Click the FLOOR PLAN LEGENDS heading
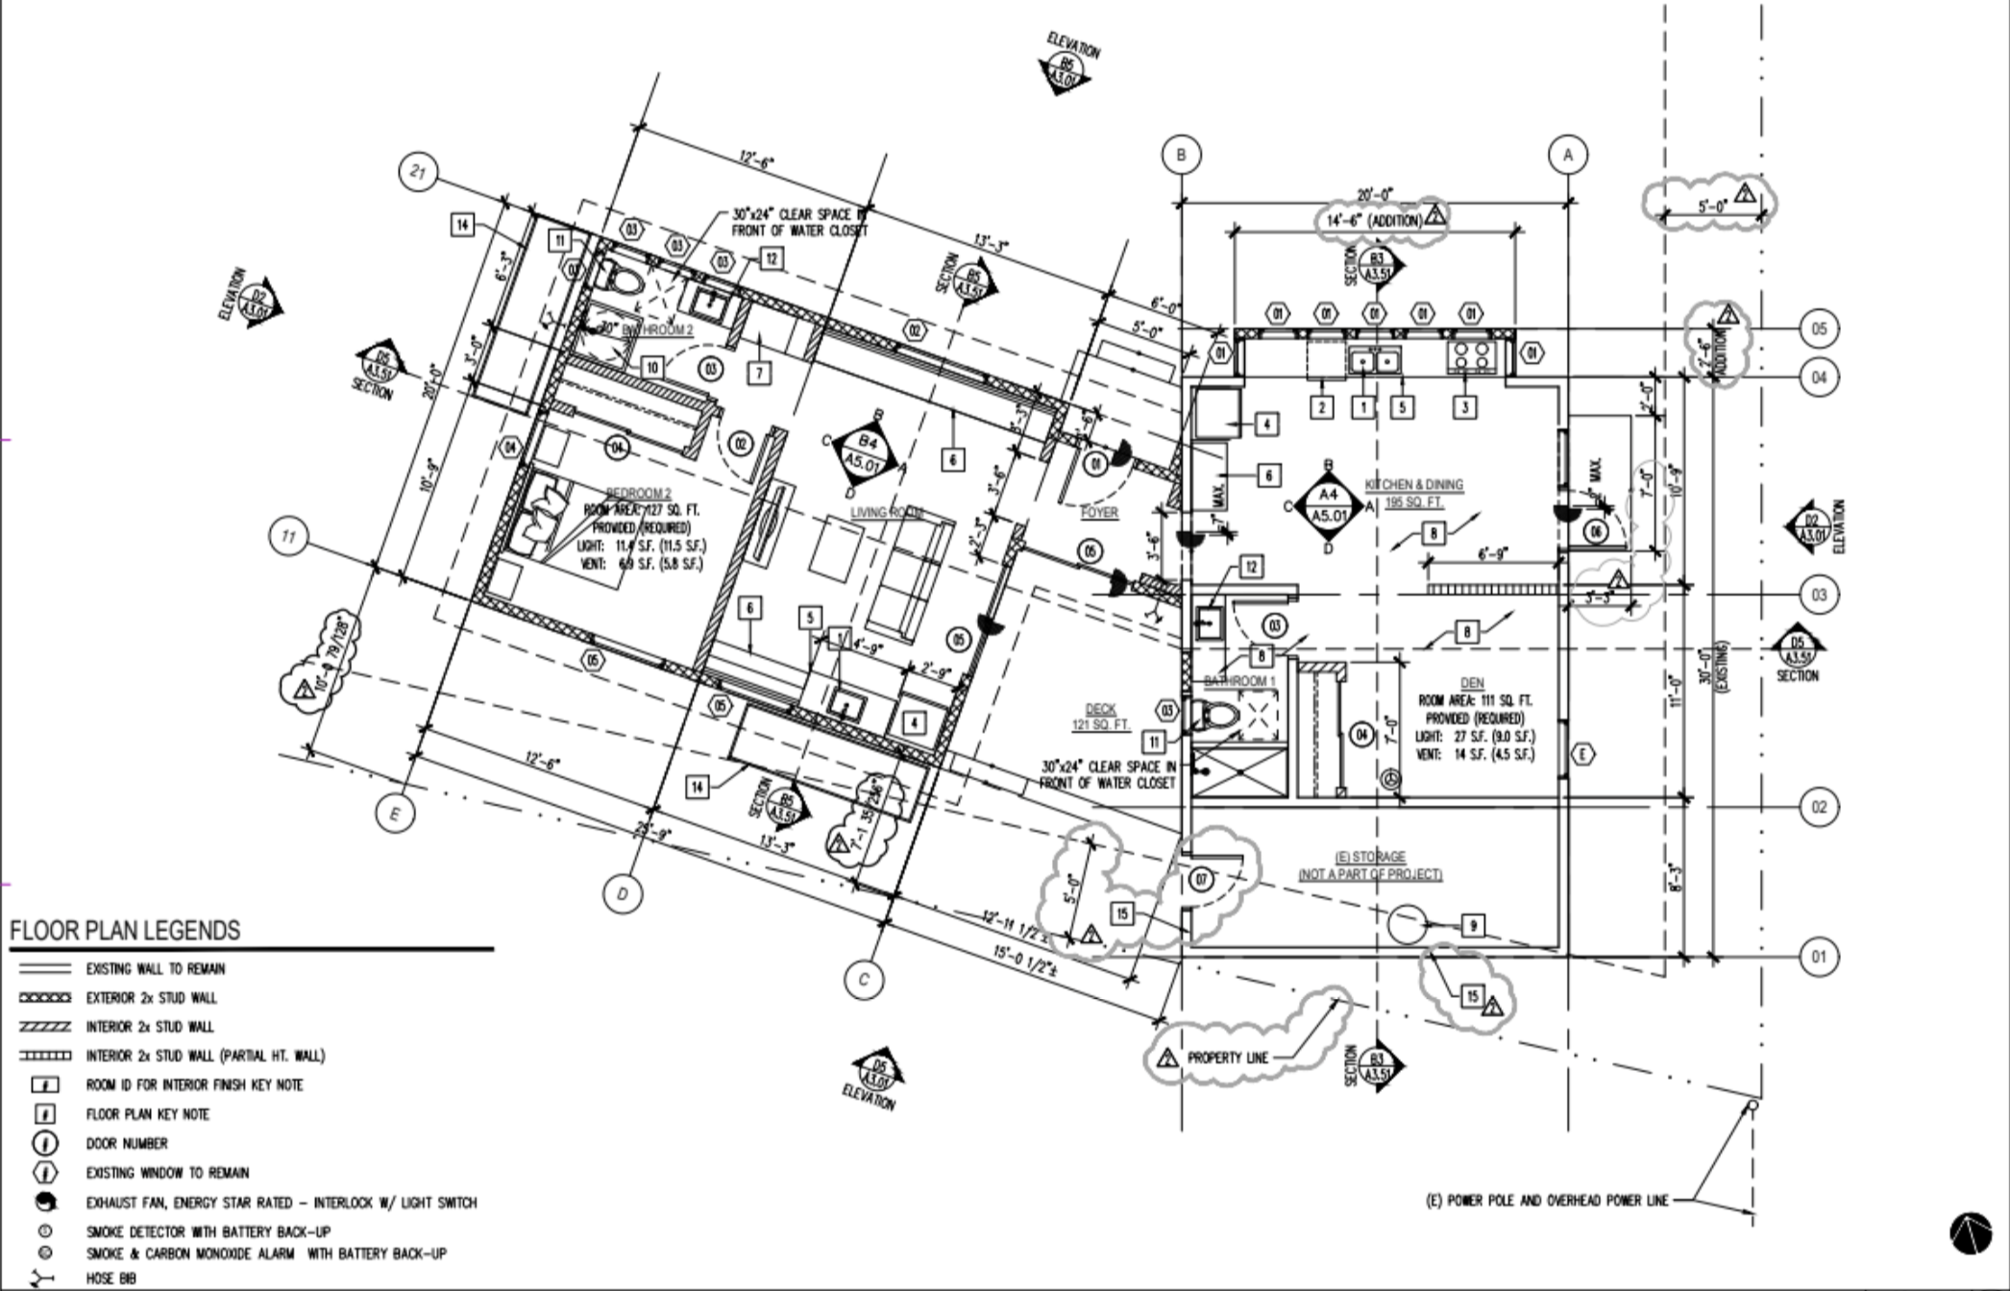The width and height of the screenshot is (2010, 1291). [125, 931]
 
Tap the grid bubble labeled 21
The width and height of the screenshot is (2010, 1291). [418, 173]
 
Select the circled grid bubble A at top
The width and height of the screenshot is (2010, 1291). [1568, 154]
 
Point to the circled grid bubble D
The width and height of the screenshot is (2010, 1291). [623, 894]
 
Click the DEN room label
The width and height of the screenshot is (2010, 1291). [1472, 683]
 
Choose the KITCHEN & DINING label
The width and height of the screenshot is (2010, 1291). [1414, 485]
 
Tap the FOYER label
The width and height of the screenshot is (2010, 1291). [1099, 512]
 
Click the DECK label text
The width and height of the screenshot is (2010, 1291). [1100, 709]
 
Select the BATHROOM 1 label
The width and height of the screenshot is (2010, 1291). [1239, 681]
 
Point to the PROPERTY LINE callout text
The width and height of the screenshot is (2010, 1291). [1228, 1058]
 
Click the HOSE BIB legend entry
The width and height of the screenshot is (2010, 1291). [110, 1279]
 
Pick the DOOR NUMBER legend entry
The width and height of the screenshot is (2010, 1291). [127, 1144]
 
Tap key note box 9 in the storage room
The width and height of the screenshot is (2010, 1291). [1472, 926]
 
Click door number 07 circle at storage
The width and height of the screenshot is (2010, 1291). [1201, 878]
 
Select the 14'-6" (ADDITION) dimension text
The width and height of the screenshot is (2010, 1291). [1374, 221]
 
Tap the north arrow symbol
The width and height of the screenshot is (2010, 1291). [1970, 1232]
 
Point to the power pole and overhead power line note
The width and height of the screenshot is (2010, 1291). [1546, 1201]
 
